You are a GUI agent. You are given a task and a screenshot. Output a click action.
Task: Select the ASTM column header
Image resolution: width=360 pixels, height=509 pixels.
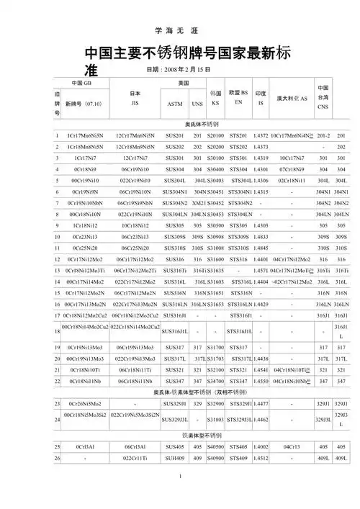(x=175, y=104)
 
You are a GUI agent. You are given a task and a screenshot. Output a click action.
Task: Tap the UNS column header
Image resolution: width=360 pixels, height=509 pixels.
(x=197, y=104)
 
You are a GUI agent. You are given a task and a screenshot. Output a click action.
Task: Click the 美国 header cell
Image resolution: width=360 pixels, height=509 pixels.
(x=184, y=84)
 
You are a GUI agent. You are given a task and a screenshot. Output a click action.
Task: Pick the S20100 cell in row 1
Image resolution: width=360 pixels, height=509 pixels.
(x=215, y=135)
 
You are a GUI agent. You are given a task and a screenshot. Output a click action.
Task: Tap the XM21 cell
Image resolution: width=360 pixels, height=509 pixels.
(x=199, y=203)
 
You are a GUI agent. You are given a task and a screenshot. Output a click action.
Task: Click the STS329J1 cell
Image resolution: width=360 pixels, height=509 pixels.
(x=240, y=404)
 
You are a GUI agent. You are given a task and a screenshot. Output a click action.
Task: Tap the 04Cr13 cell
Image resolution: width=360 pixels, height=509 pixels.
(x=292, y=447)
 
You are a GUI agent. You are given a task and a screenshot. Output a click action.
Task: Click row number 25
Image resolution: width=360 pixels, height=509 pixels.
(x=57, y=447)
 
